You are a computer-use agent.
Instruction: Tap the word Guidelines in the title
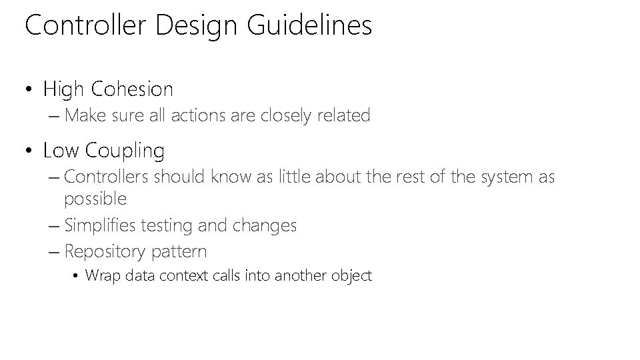pos(309,26)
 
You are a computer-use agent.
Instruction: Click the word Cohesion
pos(132,89)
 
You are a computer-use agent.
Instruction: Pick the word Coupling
pos(125,151)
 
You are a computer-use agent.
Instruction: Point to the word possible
pos(95,199)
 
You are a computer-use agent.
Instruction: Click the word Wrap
pos(101,275)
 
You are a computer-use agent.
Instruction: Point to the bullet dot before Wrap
pos(77,276)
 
